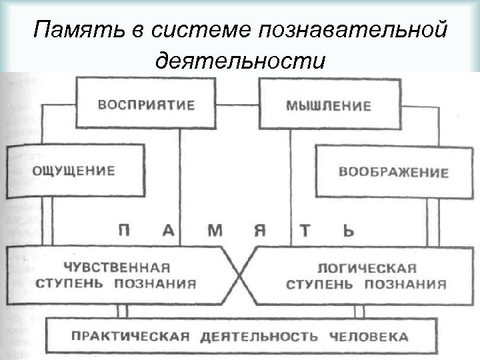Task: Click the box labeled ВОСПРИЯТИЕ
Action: coord(146,105)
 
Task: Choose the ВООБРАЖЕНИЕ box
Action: coord(393,171)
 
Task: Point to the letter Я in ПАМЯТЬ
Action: coord(260,231)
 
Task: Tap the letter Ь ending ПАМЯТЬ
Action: coord(348,231)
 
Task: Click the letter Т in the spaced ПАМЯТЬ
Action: coord(305,231)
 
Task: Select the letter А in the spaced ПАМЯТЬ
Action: coord(169,231)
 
